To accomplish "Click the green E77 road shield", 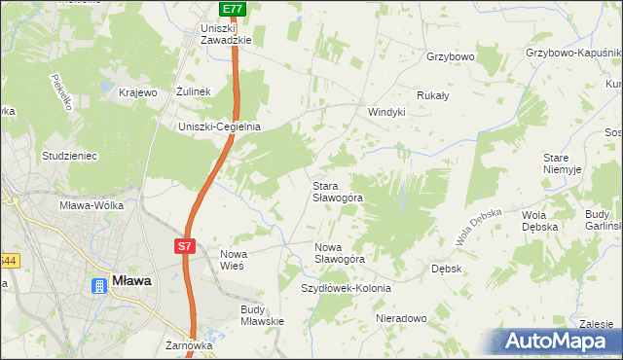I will (231, 9).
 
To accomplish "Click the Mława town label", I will (131, 281).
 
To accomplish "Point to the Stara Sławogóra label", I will (338, 191).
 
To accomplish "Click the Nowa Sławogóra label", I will (339, 253).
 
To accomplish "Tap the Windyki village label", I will (385, 112).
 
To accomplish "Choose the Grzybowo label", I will (450, 57).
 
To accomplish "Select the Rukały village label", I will (432, 95).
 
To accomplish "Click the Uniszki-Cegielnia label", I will (219, 126).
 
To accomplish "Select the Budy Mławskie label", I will (261, 315).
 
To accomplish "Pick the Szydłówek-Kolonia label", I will (346, 289).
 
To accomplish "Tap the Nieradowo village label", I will (401, 319).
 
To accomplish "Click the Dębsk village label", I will (446, 267).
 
